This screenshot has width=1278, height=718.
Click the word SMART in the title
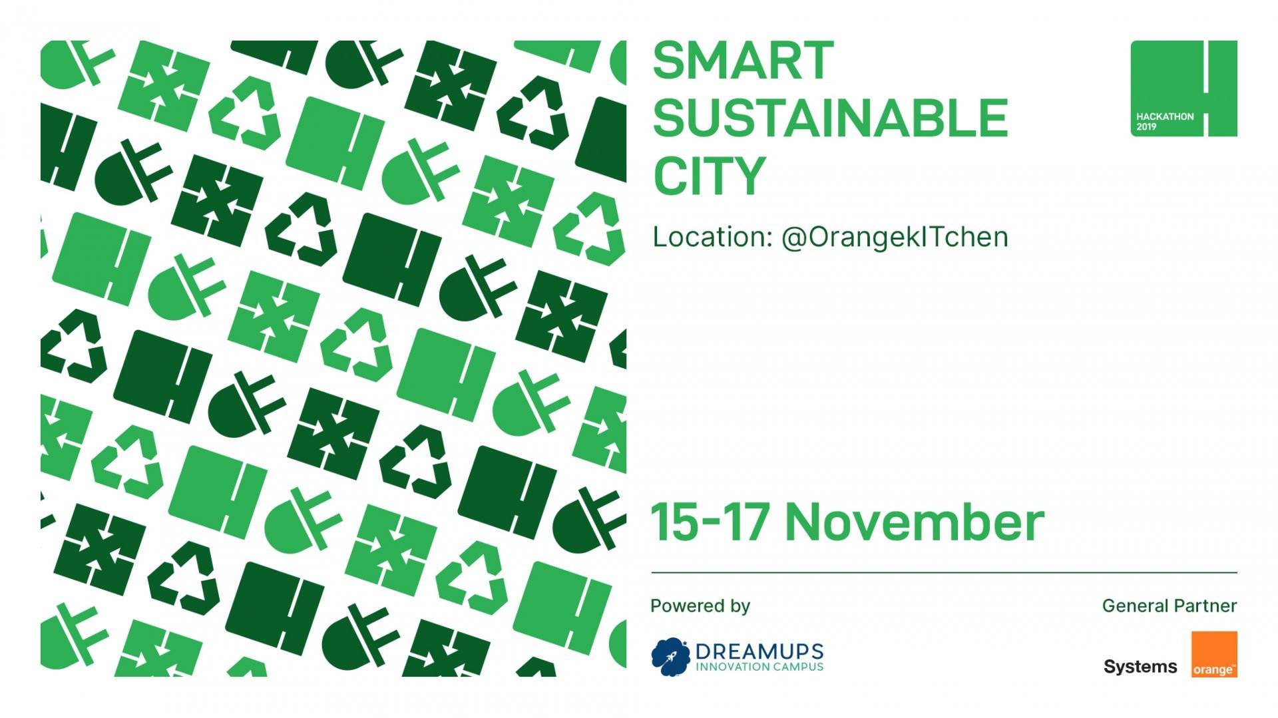[x=743, y=61]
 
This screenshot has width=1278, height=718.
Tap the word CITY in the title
[x=709, y=176]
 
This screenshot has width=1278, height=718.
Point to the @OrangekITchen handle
[x=895, y=238]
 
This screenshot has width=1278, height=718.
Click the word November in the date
[x=915, y=523]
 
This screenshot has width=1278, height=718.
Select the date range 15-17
[x=710, y=523]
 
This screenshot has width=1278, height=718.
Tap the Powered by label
[x=700, y=606]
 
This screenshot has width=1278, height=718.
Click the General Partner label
[x=1169, y=606]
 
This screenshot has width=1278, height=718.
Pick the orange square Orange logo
[x=1213, y=654]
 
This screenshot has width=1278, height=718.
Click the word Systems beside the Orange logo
[x=1140, y=667]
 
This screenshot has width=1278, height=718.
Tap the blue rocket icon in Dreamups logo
[x=670, y=656]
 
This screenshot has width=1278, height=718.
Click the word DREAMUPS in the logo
[x=759, y=651]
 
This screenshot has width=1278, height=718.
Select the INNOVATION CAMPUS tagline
[x=759, y=667]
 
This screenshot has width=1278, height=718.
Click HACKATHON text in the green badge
[x=1165, y=116]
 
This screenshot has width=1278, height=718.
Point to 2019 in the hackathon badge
[x=1146, y=126]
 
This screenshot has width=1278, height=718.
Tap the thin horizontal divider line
[x=944, y=572]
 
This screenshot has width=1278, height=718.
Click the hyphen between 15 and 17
[x=712, y=523]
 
